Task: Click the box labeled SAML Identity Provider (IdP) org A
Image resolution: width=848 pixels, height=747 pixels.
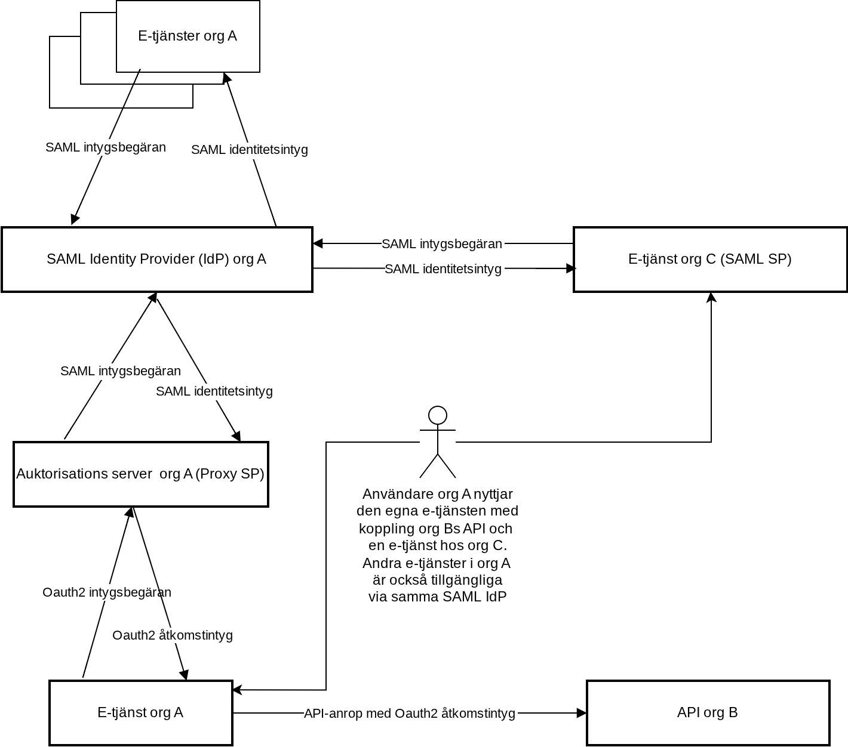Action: click(x=157, y=260)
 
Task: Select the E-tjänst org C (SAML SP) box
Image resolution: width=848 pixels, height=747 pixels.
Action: click(x=710, y=260)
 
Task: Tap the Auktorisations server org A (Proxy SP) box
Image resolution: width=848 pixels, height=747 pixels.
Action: click(x=140, y=474)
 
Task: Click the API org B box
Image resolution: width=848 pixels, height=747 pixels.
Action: click(x=708, y=713)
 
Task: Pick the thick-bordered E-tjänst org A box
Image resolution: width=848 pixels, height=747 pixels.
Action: click(x=140, y=713)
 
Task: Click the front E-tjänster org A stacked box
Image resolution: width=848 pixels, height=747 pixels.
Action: click(x=188, y=36)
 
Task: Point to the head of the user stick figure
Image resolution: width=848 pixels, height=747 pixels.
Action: click(x=437, y=415)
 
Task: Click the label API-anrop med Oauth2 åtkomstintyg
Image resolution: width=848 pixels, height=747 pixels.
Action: click(x=409, y=713)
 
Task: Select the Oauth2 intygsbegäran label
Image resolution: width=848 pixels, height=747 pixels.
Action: click(x=107, y=592)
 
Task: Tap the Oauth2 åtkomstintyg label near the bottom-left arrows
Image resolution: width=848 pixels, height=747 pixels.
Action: click(x=173, y=635)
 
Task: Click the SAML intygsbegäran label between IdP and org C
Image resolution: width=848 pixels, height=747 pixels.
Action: click(x=441, y=244)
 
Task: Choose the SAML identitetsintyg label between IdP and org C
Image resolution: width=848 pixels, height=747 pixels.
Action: click(x=443, y=269)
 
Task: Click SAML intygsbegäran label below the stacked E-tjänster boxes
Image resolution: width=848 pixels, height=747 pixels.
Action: click(x=106, y=147)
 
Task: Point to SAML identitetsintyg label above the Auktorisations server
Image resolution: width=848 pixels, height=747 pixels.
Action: click(x=214, y=391)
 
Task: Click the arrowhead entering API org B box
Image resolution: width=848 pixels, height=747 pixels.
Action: click(x=582, y=713)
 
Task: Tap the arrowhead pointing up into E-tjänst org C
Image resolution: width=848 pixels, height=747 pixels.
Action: click(x=711, y=297)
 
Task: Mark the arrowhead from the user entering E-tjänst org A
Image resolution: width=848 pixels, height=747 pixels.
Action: click(x=237, y=690)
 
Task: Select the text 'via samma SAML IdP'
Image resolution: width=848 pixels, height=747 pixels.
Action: click(x=437, y=597)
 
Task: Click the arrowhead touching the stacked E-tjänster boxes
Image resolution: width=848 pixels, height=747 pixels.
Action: click(x=226, y=78)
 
